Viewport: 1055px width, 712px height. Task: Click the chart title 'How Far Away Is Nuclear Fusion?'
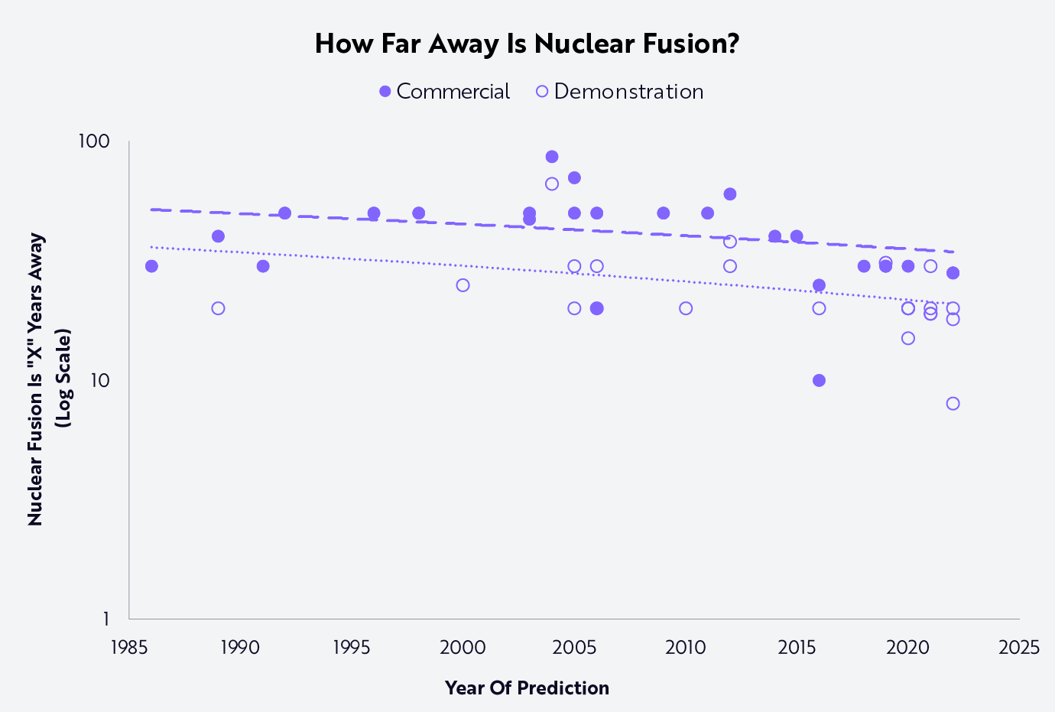click(527, 44)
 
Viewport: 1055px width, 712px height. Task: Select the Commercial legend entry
click(444, 92)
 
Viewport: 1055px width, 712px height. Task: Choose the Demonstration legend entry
click(619, 92)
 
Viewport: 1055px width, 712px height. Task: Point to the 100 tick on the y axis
click(93, 141)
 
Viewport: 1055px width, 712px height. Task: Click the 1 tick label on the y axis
click(105, 619)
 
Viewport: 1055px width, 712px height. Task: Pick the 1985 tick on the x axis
click(128, 647)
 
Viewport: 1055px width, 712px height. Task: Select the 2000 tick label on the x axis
click(463, 647)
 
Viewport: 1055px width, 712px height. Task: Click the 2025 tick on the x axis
click(1019, 647)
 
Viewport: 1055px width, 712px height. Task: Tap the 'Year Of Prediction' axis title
click(527, 688)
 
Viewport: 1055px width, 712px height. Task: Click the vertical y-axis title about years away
click(49, 379)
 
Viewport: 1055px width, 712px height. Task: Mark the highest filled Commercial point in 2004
click(552, 157)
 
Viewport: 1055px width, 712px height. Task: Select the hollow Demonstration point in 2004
click(552, 184)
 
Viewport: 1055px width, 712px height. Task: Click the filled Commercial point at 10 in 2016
click(819, 380)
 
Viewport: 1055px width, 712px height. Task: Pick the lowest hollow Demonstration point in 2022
click(953, 403)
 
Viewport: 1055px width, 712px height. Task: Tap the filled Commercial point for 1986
click(151, 266)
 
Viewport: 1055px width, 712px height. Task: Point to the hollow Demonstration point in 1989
click(218, 308)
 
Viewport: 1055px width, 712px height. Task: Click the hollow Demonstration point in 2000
click(463, 285)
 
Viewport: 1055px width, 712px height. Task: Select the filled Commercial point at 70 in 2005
click(574, 177)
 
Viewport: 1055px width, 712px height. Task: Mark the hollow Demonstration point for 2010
click(686, 308)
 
